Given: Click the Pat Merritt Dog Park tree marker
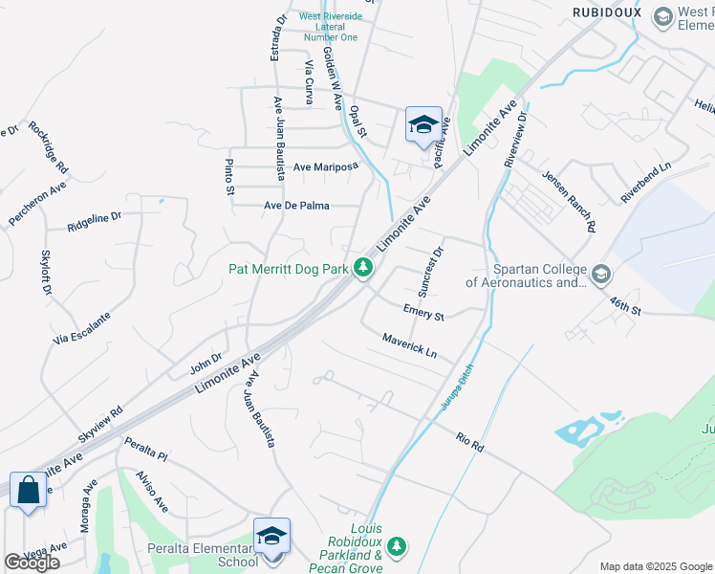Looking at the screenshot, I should [x=363, y=269].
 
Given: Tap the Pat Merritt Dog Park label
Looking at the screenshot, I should [x=288, y=270].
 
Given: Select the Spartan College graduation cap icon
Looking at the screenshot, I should [x=600, y=276].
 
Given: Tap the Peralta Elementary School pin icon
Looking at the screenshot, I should [x=271, y=536].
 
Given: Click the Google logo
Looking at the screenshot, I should [x=32, y=563].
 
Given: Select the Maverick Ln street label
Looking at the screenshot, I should [x=409, y=345].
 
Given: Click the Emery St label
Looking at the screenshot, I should [x=423, y=313].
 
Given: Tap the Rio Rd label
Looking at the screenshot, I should [x=470, y=442].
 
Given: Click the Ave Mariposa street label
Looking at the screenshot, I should [x=325, y=166].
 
